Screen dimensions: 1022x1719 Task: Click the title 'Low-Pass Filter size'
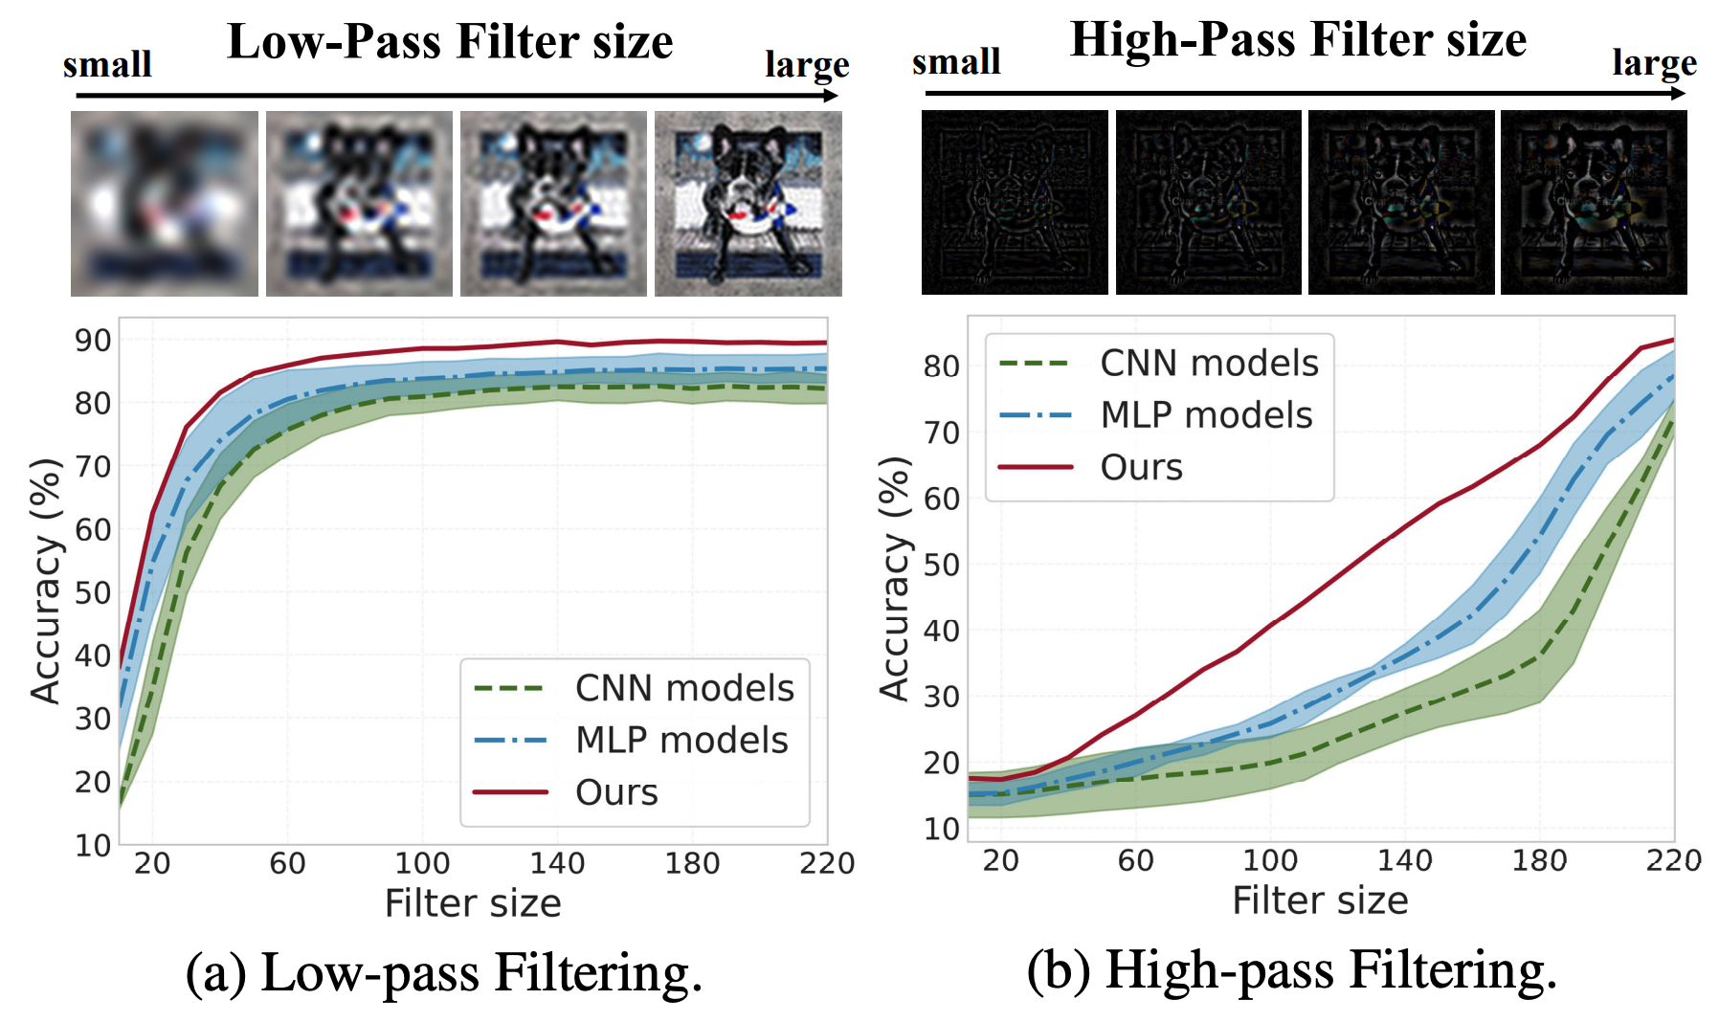click(x=450, y=42)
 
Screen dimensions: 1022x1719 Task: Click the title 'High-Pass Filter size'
click(x=1297, y=40)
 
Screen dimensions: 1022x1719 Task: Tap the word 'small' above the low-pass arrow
click(x=107, y=65)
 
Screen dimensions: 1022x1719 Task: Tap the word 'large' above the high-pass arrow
click(x=1654, y=63)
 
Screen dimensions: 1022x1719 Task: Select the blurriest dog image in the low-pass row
click(x=165, y=203)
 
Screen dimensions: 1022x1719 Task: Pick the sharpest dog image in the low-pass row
click(x=748, y=203)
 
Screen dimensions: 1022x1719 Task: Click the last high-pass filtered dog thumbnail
click(x=1594, y=202)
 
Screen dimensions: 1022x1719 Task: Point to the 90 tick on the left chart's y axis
click(x=93, y=341)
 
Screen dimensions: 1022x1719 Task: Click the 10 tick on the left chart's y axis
click(x=93, y=845)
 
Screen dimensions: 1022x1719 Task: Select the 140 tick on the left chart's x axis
click(x=557, y=864)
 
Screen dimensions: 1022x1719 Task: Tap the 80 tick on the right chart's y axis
click(x=941, y=367)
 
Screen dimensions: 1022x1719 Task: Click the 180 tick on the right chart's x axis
click(x=1539, y=861)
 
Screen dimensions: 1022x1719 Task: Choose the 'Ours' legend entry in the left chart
click(x=616, y=792)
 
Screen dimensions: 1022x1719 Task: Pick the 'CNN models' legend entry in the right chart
click(x=1209, y=364)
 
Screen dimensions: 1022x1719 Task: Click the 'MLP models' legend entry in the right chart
click(x=1206, y=415)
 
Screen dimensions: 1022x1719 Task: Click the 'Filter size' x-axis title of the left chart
click(x=473, y=903)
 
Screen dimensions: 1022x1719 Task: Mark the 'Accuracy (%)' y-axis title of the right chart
click(x=893, y=578)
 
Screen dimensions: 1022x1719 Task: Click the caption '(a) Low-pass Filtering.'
click(x=444, y=972)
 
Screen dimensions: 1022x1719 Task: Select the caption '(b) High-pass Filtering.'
click(x=1292, y=969)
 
